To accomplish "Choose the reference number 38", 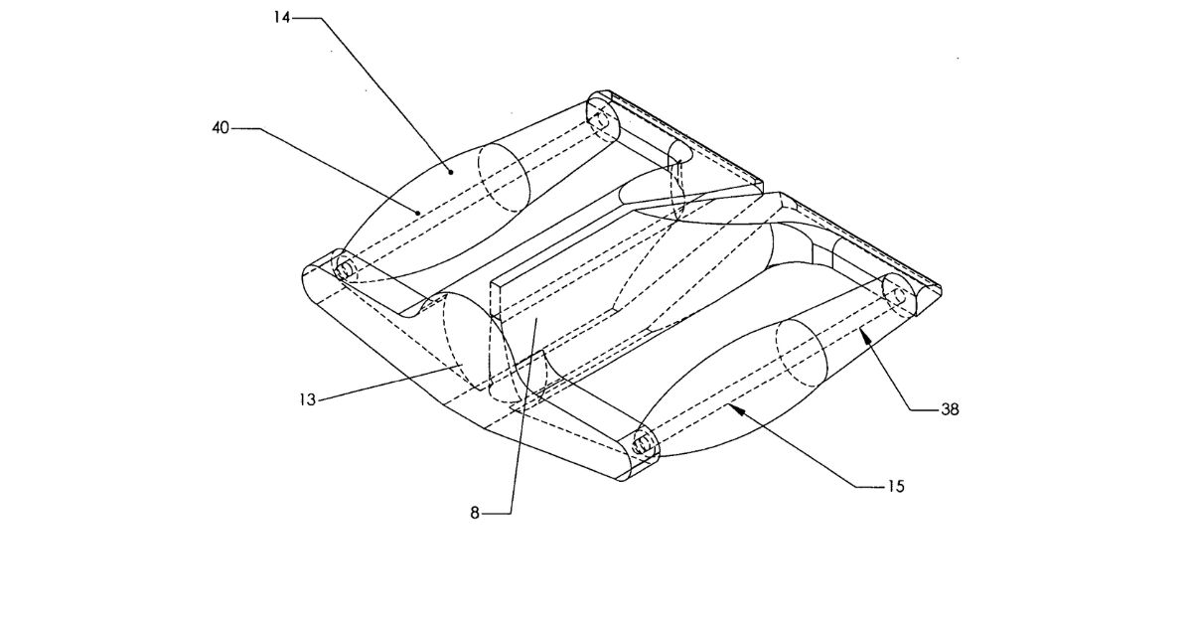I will [x=950, y=409].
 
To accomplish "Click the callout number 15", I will [x=897, y=487].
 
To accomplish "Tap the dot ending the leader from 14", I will [x=452, y=171].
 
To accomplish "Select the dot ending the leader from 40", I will [x=418, y=210].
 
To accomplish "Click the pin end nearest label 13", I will [x=344, y=269].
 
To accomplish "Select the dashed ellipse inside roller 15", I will [x=800, y=356].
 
